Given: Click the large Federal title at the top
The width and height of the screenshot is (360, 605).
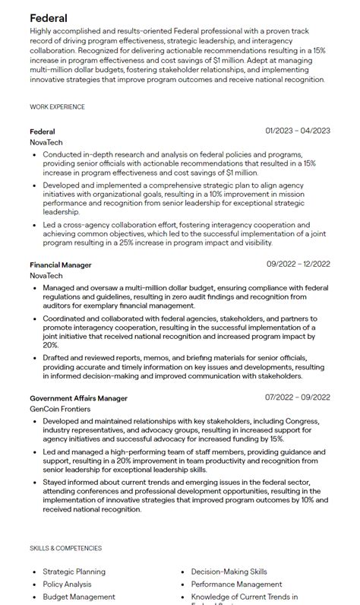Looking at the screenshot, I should (49, 17).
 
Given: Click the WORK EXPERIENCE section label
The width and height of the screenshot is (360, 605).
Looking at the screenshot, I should (57, 107).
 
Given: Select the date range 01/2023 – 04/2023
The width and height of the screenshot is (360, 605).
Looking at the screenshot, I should (298, 131).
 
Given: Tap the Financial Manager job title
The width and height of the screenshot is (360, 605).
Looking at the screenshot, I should (61, 264).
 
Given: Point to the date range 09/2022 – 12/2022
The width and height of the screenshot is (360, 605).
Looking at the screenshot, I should (298, 264).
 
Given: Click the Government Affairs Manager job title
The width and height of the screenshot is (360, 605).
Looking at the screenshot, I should (78, 398).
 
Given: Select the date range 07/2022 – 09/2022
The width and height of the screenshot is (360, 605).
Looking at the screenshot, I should (298, 398).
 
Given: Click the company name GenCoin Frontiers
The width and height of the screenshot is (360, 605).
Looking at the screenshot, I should (60, 409).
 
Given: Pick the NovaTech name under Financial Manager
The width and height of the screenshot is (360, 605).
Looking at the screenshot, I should (46, 276).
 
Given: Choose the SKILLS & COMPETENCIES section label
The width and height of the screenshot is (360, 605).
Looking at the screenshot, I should (65, 548).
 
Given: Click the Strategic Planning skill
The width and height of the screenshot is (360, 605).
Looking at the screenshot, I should (74, 572).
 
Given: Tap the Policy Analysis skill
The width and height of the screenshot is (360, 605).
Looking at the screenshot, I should (67, 584).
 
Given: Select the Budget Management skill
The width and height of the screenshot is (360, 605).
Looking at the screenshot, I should (79, 597).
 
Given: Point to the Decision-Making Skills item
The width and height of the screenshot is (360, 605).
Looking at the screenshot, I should (229, 572).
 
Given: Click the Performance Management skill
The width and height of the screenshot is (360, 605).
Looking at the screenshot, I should (236, 584).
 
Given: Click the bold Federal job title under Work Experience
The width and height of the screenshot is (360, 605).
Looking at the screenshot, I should (43, 131).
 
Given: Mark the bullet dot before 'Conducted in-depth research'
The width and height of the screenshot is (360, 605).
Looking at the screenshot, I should (34, 154).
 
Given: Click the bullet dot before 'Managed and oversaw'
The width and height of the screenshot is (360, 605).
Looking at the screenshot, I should (34, 288).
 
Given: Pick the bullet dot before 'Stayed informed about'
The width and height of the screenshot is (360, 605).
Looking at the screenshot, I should (34, 481).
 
